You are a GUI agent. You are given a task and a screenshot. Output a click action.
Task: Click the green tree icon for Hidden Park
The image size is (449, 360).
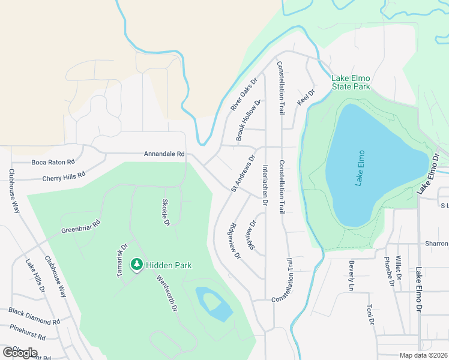[x=137, y=265]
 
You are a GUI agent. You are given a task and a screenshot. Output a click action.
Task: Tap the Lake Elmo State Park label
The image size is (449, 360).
[x=351, y=82]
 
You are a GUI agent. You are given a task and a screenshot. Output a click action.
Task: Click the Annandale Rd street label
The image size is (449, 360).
[x=164, y=154]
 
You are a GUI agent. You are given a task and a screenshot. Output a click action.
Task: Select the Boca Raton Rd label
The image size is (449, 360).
[x=53, y=162]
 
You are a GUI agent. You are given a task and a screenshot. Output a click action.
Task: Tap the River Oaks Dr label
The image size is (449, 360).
[x=244, y=95]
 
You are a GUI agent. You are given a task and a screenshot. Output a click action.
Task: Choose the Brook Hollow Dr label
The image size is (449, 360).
[x=249, y=121]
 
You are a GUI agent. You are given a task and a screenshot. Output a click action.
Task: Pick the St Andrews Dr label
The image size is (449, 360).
[x=244, y=174]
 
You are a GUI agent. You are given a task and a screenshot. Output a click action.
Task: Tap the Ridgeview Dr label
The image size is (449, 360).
[x=234, y=241]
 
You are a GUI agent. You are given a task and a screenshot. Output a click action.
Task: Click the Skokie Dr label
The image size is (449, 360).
[x=166, y=212]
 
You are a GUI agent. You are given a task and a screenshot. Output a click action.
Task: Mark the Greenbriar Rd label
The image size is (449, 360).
[x=80, y=226]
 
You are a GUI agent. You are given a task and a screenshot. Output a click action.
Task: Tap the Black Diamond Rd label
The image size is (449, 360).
[x=34, y=316]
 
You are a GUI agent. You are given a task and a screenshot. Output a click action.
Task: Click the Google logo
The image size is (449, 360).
[x=20, y=353]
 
